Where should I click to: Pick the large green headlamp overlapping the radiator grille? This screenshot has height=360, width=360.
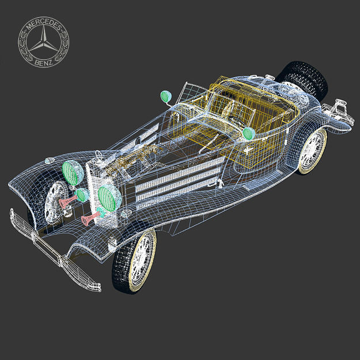[108, 196]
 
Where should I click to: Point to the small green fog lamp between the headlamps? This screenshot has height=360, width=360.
[83, 195]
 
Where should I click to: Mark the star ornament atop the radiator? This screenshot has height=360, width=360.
[100, 154]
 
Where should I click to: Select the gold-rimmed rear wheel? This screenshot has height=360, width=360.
[312, 151]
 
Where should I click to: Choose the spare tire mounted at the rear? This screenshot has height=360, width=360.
[302, 78]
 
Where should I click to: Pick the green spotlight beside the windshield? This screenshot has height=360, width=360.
[166, 96]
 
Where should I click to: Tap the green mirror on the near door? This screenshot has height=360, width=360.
[249, 134]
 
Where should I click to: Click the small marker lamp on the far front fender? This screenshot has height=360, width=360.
[51, 160]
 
